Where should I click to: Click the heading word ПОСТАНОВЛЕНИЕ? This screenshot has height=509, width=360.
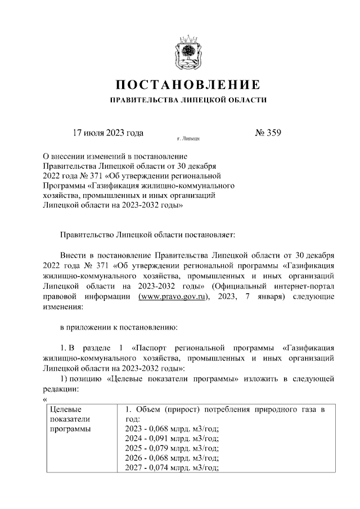(188, 85)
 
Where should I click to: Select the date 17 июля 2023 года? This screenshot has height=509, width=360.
(109, 133)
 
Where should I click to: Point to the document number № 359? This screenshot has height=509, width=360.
(268, 133)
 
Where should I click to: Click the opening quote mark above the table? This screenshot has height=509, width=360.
(44, 399)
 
